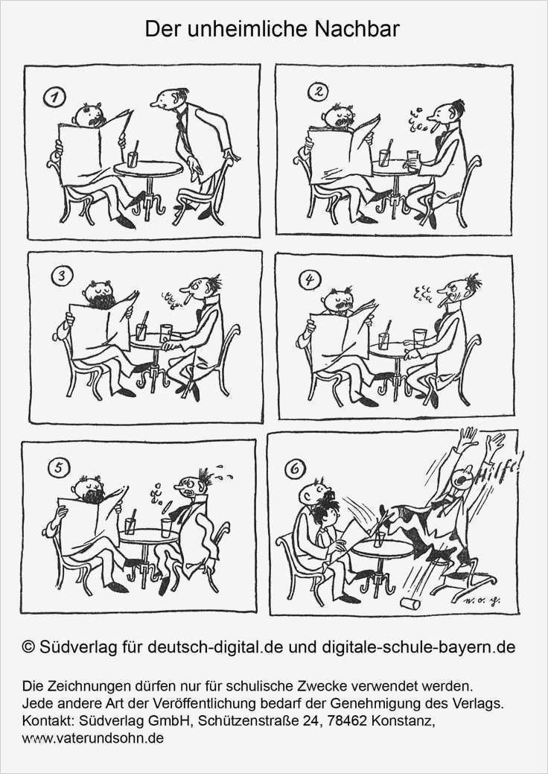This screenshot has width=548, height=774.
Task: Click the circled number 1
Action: point(55,98)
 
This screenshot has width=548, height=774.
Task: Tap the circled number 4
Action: point(309,281)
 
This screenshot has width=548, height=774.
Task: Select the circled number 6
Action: point(294,469)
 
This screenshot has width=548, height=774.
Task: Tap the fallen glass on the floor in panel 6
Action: point(410,603)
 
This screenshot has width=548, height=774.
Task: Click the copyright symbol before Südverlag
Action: point(28,647)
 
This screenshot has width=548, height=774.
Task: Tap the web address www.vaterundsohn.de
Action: point(93,738)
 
